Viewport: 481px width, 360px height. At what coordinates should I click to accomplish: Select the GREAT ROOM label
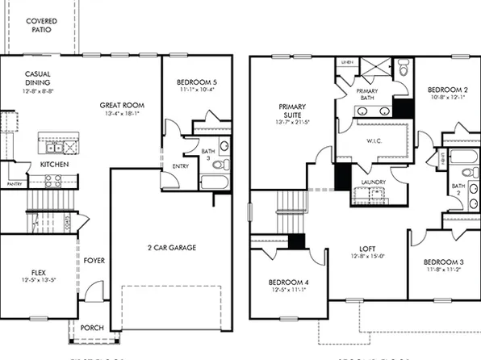(x=122, y=105)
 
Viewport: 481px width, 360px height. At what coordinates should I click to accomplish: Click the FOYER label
(x=94, y=261)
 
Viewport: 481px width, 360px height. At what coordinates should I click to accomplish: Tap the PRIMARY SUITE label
(x=291, y=111)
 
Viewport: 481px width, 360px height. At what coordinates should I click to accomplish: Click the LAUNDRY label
(x=373, y=182)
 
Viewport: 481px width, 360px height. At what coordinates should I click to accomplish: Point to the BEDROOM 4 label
(x=289, y=282)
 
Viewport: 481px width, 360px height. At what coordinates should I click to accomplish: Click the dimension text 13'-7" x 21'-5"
(x=291, y=123)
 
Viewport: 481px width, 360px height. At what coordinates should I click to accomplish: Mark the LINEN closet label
(x=347, y=62)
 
